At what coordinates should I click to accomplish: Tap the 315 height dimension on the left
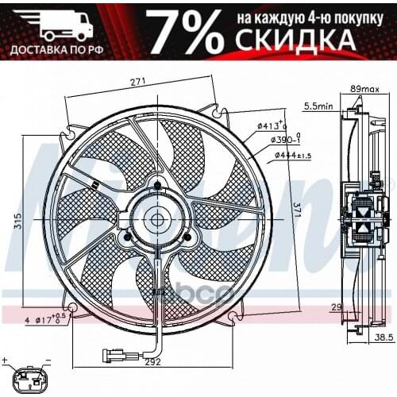tap(17, 224)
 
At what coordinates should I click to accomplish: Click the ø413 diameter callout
tap(272, 125)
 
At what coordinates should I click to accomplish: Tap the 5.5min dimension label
tap(318, 104)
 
